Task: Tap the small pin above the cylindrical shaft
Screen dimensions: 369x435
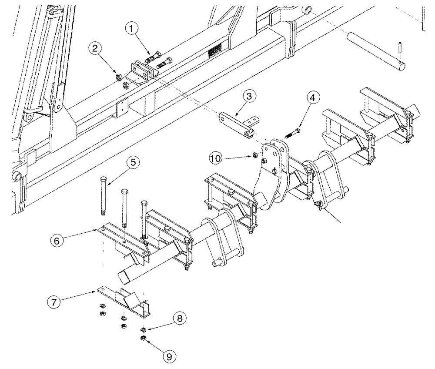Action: (399, 47)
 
